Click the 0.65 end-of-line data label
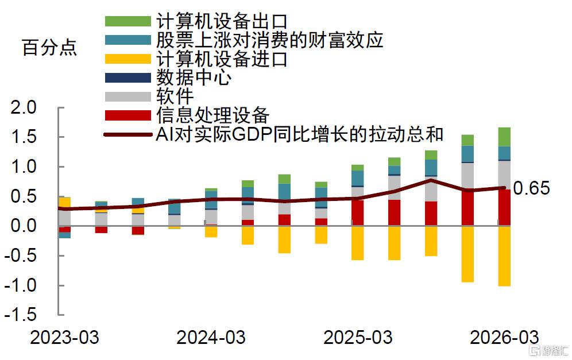(531, 188)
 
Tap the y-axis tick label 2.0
(24, 107)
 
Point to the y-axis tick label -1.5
(21, 315)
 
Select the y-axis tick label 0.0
(24, 226)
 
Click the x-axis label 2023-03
(64, 338)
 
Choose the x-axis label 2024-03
(211, 338)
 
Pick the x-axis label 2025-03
(358, 338)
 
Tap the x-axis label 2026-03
(504, 338)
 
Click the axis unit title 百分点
(49, 48)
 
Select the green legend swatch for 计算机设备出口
(128, 21)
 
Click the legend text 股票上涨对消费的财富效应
(269, 40)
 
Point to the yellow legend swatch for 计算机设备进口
(128, 59)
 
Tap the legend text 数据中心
(194, 78)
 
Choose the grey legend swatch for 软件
(128, 96)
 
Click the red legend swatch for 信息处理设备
(128, 115)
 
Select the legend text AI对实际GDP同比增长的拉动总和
(300, 134)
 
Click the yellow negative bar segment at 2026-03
(504, 256)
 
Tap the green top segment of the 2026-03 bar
(504, 137)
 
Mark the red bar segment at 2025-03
(357, 212)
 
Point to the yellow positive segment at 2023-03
(64, 203)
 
